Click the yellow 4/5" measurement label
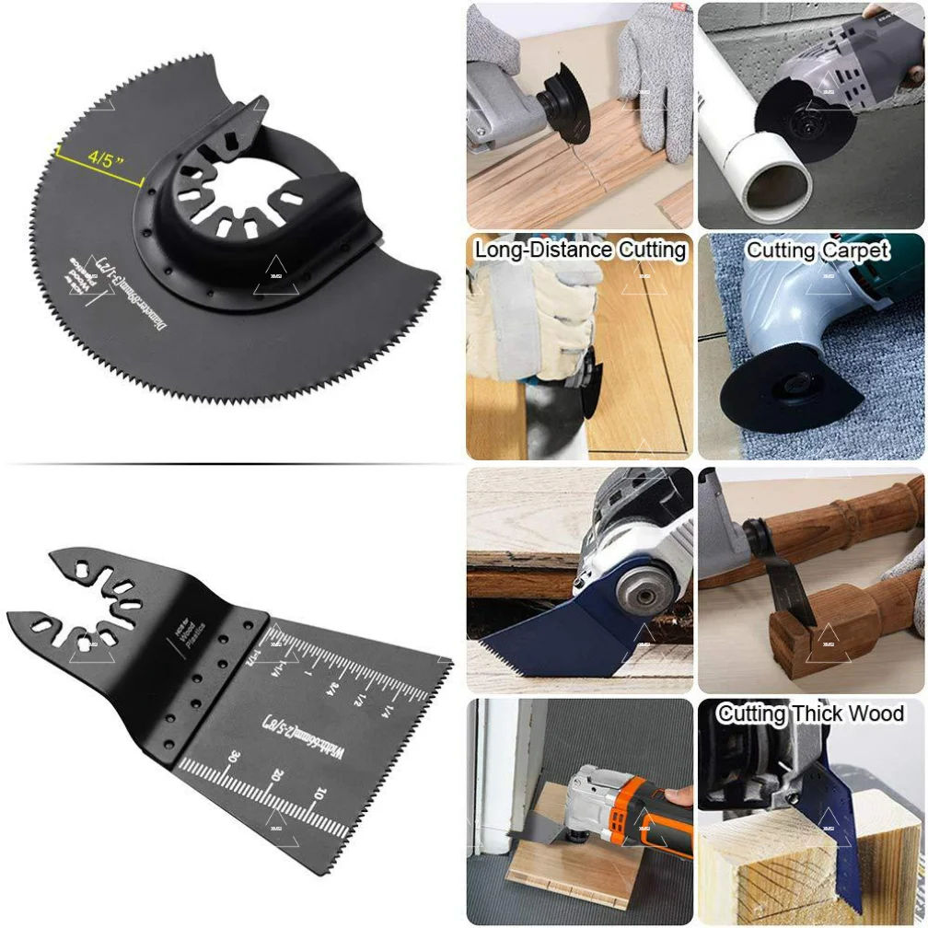pyautogui.click(x=105, y=157)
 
